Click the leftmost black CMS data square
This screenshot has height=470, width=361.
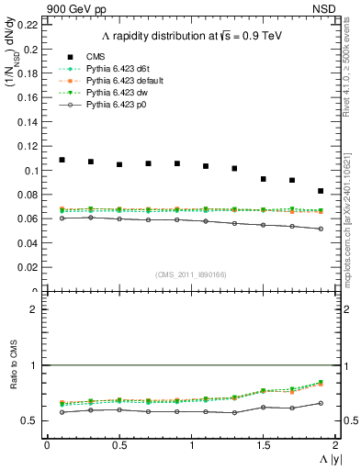[62, 160]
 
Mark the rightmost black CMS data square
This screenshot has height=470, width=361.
[321, 191]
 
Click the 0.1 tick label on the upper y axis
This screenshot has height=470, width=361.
[33, 171]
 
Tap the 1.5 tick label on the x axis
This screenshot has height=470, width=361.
[264, 444]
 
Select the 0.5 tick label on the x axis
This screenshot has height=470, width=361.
[119, 444]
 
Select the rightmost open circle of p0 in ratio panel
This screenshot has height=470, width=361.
[321, 403]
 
